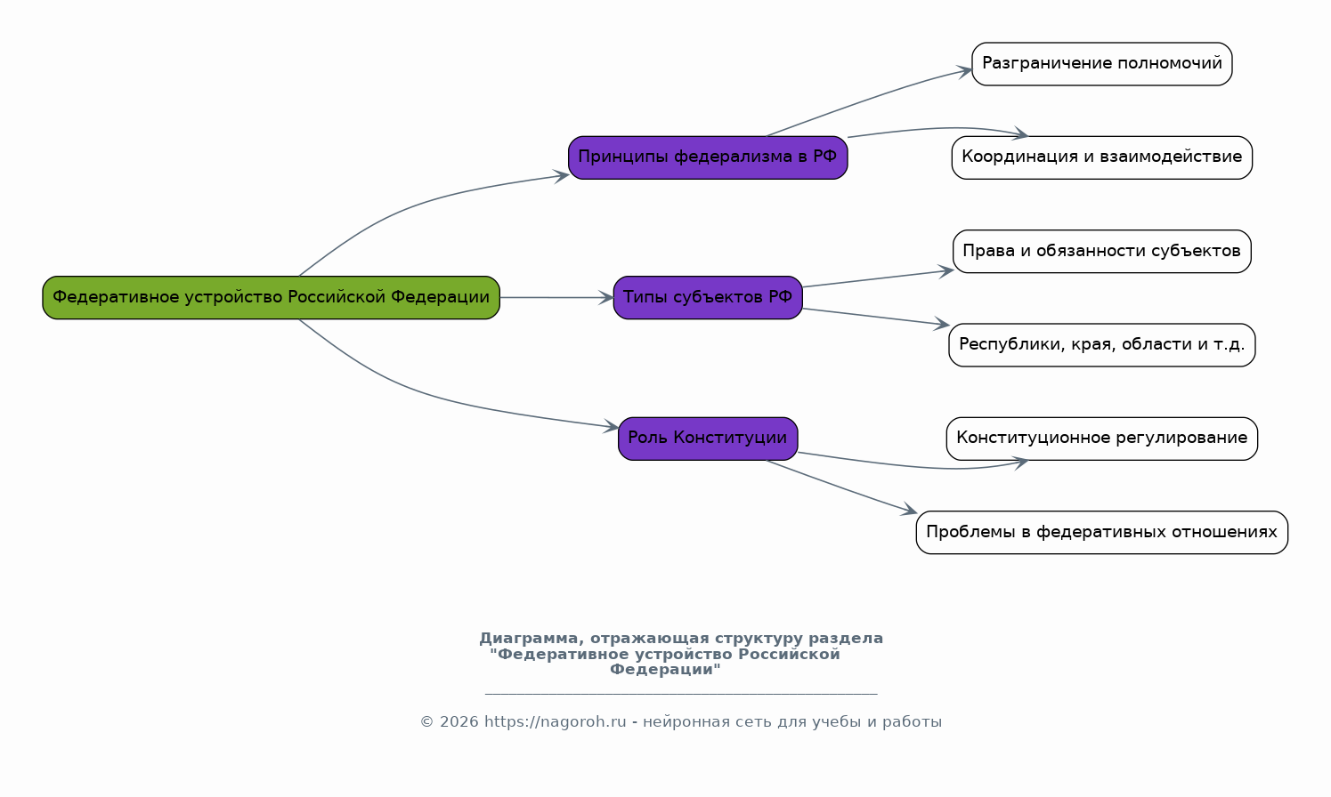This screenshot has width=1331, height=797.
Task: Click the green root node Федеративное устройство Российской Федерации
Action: (271, 297)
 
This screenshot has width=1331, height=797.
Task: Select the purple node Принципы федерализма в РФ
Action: (708, 157)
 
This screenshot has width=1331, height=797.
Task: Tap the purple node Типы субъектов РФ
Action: (708, 297)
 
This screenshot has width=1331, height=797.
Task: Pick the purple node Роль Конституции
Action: (708, 438)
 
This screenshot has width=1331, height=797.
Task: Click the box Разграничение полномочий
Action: (1101, 64)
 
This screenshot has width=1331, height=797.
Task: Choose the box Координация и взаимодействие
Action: (1101, 157)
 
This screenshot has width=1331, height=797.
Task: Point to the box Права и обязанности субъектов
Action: (1101, 251)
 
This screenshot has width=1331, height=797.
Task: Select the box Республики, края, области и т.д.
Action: (1101, 344)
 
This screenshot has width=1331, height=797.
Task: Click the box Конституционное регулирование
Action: (1101, 438)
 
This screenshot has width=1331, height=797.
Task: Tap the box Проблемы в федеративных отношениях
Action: (1101, 532)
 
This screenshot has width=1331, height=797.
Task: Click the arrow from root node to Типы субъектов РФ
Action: (556, 297)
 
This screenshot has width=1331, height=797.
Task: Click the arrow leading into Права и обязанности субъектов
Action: (877, 278)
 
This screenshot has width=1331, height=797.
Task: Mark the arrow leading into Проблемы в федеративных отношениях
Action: (841, 487)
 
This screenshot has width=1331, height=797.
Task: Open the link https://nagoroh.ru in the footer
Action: (555, 722)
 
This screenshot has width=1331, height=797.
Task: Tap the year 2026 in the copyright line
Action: (459, 722)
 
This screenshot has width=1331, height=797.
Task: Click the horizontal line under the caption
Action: (681, 694)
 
